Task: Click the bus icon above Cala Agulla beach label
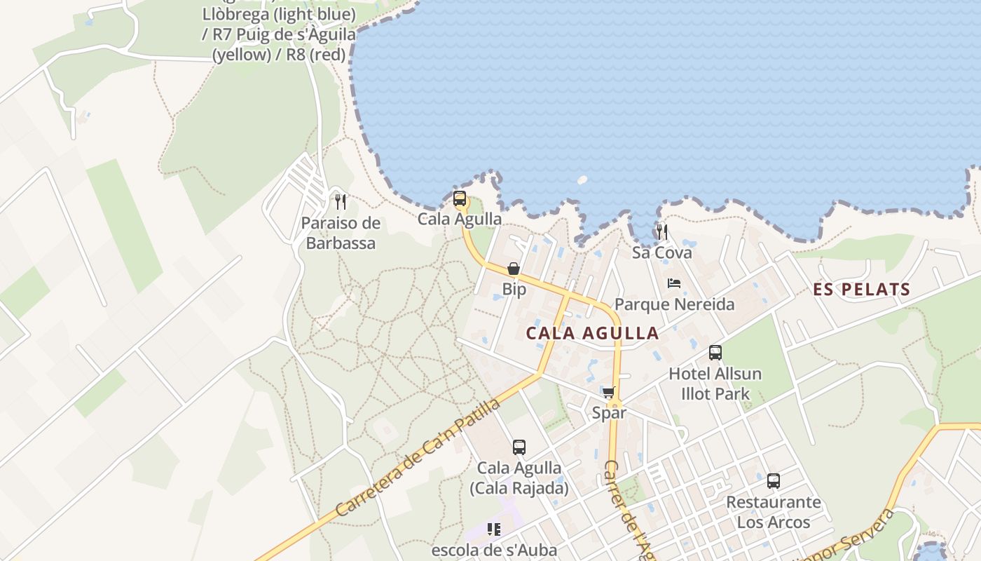point(460,198)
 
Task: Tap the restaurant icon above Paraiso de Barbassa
point(341,202)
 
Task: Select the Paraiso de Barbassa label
point(341,233)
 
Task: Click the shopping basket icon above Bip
point(514,269)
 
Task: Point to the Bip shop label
point(514,289)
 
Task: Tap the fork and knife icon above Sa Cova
point(661,231)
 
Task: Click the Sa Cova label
point(661,252)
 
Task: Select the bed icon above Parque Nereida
point(674,283)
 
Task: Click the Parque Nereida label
point(674,304)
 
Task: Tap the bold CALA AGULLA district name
point(592,333)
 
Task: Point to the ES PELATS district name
point(861,289)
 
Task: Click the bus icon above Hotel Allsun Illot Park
point(715,352)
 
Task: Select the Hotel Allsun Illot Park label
point(715,384)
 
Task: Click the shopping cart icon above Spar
point(608,392)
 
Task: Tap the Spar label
point(609,412)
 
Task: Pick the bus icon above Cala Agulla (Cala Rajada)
point(519,447)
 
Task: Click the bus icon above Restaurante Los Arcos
point(773,481)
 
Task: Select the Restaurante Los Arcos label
point(773,512)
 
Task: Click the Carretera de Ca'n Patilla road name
point(418,458)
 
